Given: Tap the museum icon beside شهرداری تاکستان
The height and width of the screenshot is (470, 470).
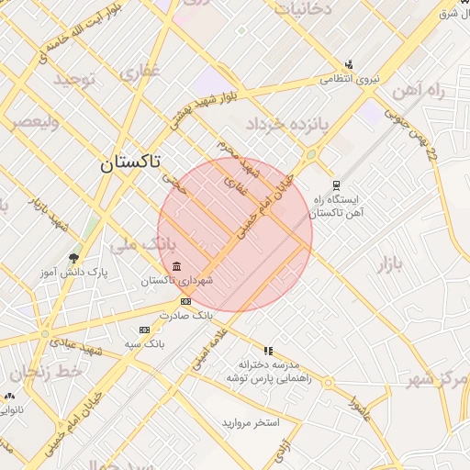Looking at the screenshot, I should point(176,266).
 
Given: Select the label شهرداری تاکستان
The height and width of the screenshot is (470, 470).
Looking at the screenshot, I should point(183,280).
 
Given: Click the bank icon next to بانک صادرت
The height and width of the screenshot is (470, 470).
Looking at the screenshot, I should point(185,301).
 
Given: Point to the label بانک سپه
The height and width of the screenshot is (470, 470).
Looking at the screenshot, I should point(144,342).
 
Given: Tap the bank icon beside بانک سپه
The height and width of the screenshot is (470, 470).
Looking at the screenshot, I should point(144,330).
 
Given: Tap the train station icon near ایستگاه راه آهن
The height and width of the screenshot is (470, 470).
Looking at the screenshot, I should point(336,185).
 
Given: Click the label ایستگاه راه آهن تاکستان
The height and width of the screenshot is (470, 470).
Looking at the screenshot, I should point(340,206).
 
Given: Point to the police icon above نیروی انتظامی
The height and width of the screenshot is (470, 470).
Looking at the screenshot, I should point(348,65).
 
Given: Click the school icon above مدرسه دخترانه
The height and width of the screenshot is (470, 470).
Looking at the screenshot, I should point(268,351).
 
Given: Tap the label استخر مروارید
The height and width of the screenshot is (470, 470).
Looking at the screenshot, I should point(250,423).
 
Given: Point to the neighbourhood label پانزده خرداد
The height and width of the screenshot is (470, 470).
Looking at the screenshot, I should point(279,123).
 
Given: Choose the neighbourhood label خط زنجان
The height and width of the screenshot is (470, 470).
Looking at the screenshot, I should point(43,372).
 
